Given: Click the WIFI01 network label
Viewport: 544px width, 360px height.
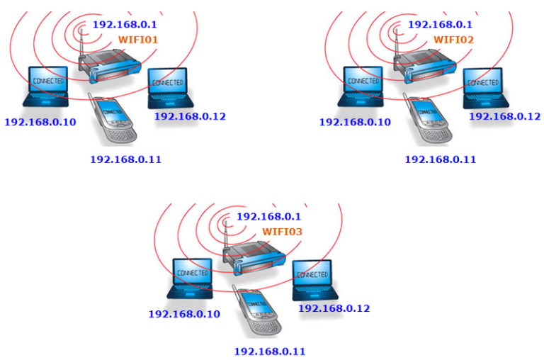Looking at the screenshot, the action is [x=138, y=40].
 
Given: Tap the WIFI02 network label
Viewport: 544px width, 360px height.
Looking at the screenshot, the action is [x=453, y=40].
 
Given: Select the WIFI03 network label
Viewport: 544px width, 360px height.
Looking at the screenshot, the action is [x=282, y=232].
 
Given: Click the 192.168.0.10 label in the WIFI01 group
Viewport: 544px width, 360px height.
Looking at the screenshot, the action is [x=40, y=122].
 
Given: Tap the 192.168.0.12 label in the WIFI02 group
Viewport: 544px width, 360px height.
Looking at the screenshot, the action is [x=505, y=116].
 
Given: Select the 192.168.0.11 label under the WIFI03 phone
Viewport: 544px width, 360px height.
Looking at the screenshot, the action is [x=270, y=351].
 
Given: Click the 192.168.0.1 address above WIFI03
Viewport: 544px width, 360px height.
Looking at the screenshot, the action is [x=268, y=217].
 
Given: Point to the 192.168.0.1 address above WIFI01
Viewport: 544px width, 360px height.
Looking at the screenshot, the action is [x=125, y=24].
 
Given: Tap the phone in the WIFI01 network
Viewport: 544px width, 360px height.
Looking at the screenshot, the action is [x=112, y=118].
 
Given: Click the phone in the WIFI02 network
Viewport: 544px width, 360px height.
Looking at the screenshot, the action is [x=427, y=118].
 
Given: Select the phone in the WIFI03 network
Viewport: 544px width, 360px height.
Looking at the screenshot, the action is [x=256, y=310].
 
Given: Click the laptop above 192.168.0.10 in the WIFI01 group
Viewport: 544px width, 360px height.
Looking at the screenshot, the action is [x=46, y=86].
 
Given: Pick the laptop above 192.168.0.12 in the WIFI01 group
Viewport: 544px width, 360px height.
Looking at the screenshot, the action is [x=170, y=88].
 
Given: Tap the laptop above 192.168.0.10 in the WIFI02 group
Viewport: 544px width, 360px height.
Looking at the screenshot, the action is [x=361, y=86].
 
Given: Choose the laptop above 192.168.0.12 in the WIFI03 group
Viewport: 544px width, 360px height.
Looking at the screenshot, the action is [x=314, y=280].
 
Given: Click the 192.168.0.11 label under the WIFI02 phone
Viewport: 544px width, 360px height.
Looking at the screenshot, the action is [x=441, y=159].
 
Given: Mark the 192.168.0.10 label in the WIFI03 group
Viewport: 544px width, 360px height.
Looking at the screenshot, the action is [x=184, y=314].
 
